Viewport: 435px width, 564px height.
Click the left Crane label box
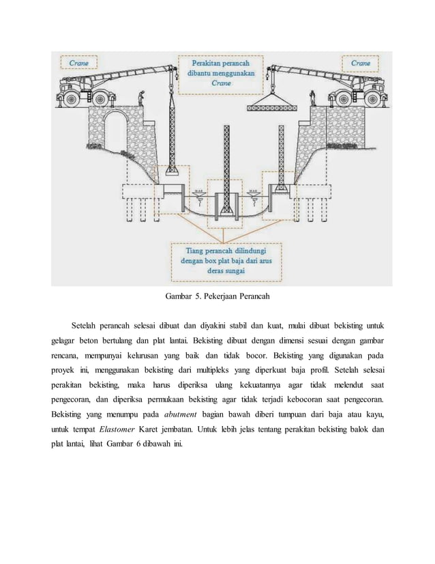[78, 63]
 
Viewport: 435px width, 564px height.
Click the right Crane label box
[361, 63]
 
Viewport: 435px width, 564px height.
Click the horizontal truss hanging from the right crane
[274, 106]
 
